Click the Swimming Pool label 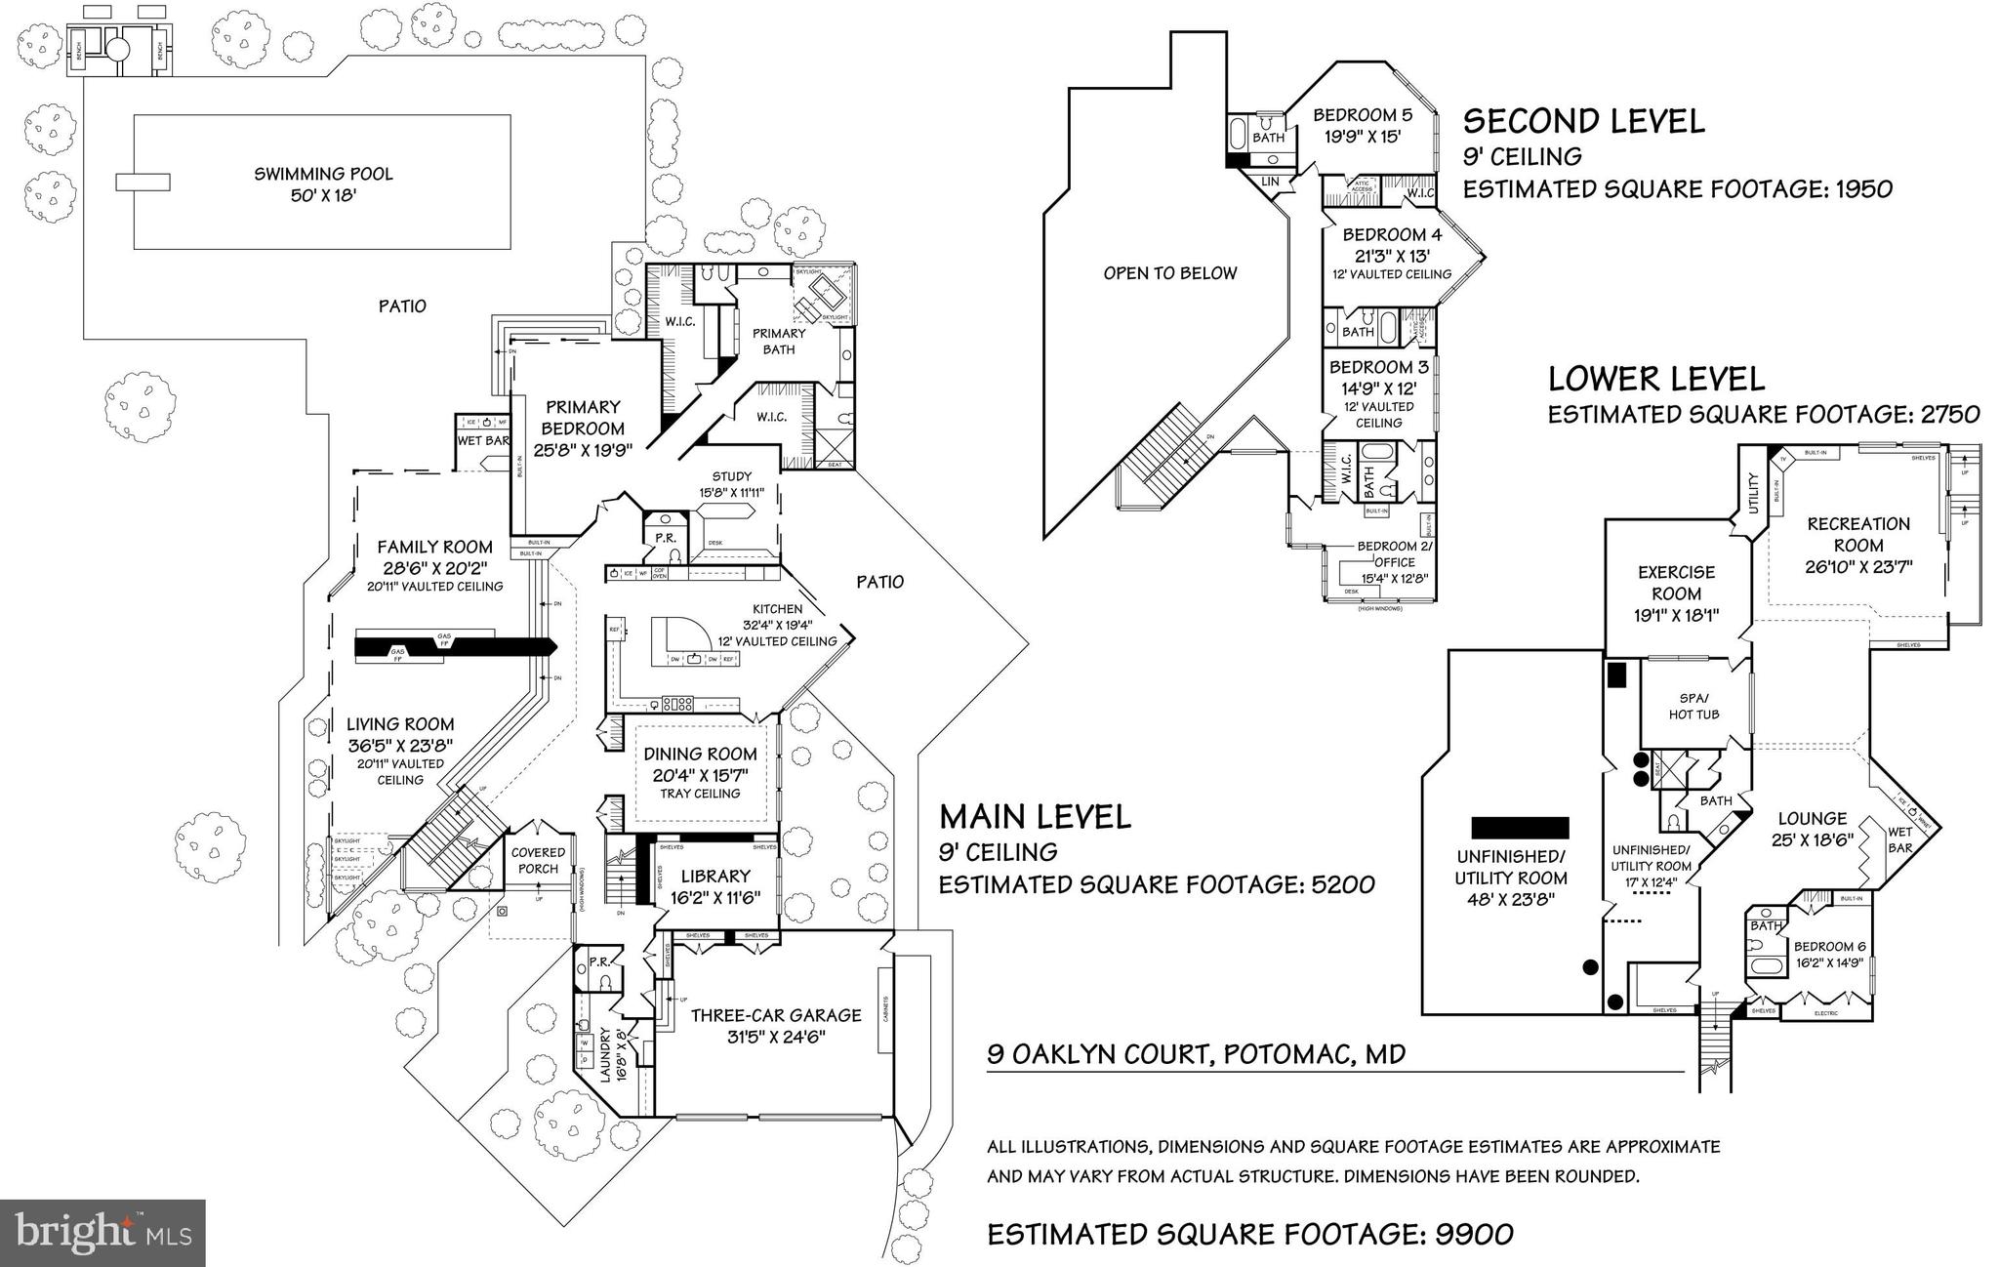pos(323,174)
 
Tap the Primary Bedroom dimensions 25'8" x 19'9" pos(583,450)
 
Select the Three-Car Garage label pos(776,1015)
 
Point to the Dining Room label pos(700,754)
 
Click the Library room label pos(715,877)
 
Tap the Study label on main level pos(731,476)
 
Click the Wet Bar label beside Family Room pos(483,441)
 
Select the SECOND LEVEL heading pos(1583,121)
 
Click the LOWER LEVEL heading pos(1656,379)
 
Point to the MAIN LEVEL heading pos(1035,816)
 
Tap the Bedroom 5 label pos(1362,115)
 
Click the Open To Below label pos(1169,273)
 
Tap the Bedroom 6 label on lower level pos(1829,946)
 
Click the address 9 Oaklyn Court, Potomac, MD pos(1196,1054)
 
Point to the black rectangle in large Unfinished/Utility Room pos(1520,828)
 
